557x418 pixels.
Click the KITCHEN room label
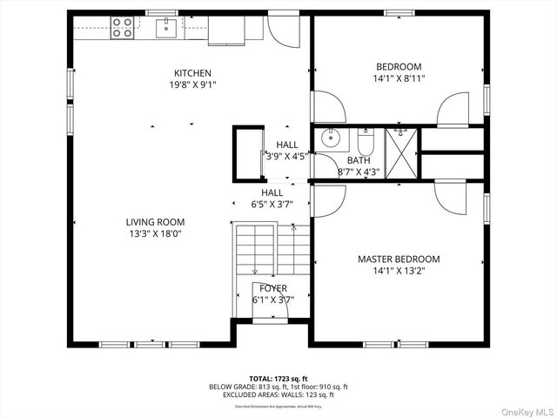(x=192, y=73)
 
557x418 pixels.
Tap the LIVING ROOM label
(x=155, y=222)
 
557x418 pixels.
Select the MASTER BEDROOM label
(x=399, y=259)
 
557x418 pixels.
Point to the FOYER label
(x=272, y=288)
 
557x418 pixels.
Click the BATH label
(x=359, y=160)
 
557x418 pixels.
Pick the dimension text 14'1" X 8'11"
(x=399, y=78)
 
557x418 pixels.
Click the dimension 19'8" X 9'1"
(x=192, y=84)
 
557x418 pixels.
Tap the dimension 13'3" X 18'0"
(x=155, y=233)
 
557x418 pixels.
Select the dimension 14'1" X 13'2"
(x=399, y=271)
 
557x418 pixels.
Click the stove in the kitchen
(x=122, y=28)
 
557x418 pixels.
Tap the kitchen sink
(x=167, y=29)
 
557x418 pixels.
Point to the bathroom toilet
(x=366, y=141)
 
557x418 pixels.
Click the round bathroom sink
(x=331, y=138)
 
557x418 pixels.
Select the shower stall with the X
(x=401, y=153)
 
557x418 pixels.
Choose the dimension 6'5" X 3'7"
(x=272, y=204)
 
